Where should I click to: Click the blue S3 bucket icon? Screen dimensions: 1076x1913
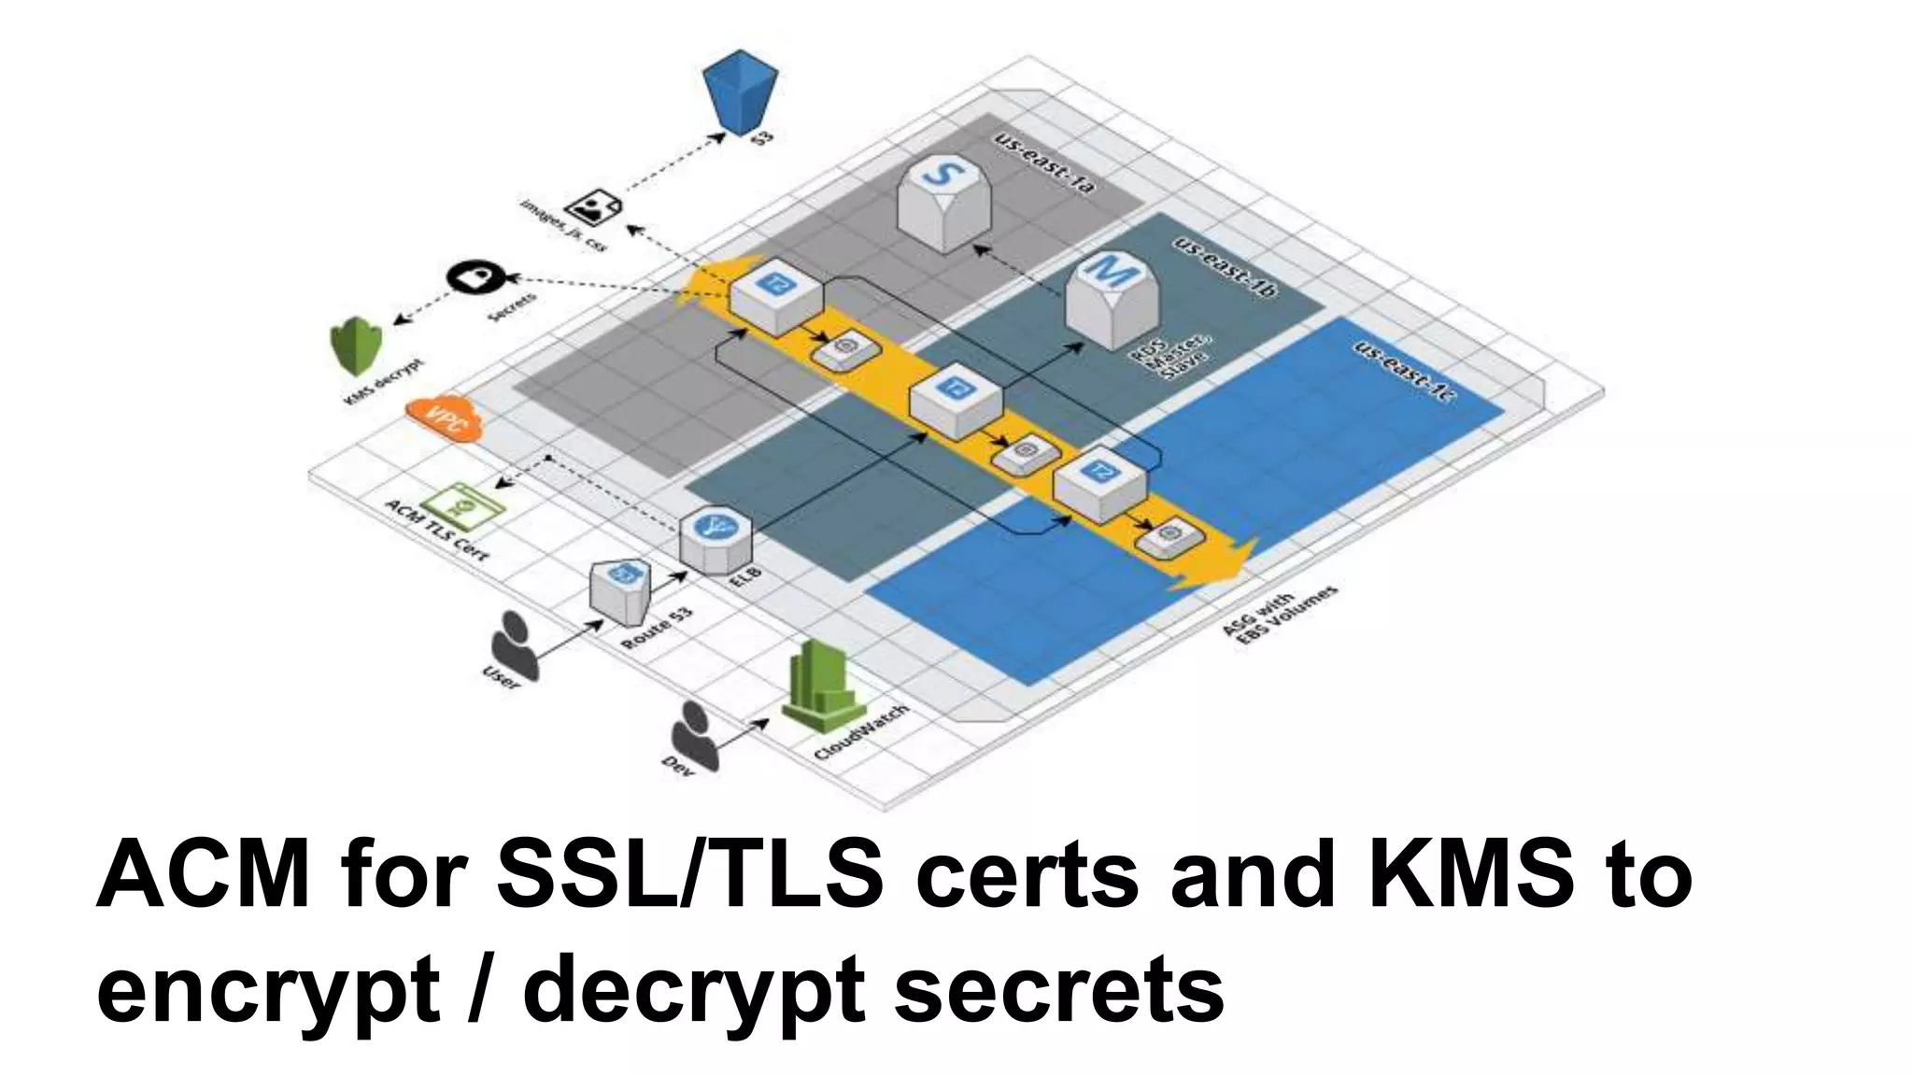point(740,92)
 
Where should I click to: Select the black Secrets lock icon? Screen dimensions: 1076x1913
point(476,277)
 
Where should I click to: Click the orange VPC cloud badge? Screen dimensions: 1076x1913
point(444,418)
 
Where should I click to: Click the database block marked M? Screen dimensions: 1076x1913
point(1111,299)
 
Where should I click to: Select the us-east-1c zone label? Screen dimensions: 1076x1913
point(1405,371)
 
